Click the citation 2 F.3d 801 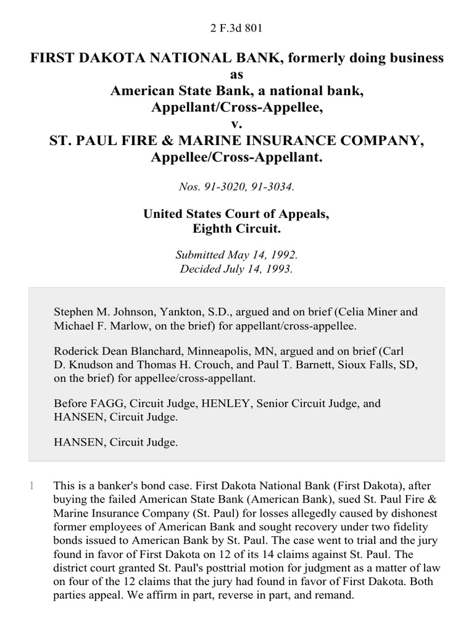237,27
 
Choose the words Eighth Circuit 237,229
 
